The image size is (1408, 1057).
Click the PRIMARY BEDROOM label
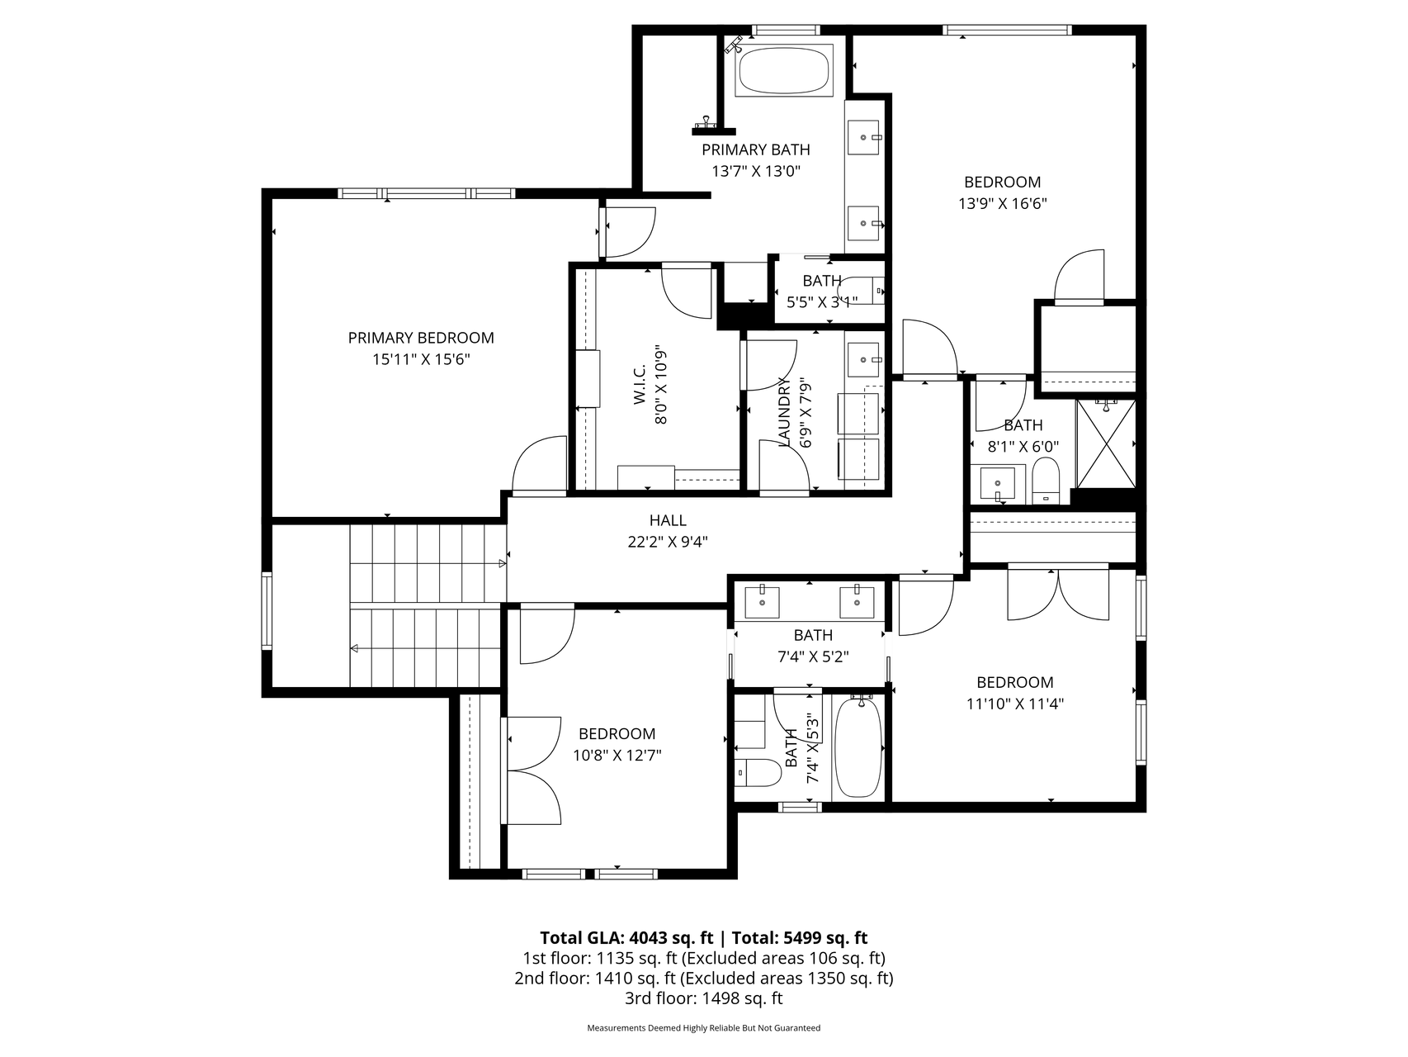[421, 338]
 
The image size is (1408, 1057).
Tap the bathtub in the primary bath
[782, 71]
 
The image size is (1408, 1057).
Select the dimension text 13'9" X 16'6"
[1002, 204]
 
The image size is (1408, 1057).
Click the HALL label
[667, 520]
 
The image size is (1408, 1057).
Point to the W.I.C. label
[640, 386]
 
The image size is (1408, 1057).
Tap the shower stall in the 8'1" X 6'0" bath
[1106, 444]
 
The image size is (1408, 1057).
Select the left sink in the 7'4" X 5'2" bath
[762, 601]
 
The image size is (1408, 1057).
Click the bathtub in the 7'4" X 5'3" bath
[858, 747]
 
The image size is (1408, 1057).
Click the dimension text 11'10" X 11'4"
[1014, 704]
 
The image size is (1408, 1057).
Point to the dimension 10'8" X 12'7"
[617, 755]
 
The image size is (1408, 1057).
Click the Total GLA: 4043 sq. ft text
[626, 937]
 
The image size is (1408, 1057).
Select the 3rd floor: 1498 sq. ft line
[703, 998]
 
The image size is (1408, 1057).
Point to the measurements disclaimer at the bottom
[703, 1028]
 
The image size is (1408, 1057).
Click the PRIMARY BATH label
[755, 149]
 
